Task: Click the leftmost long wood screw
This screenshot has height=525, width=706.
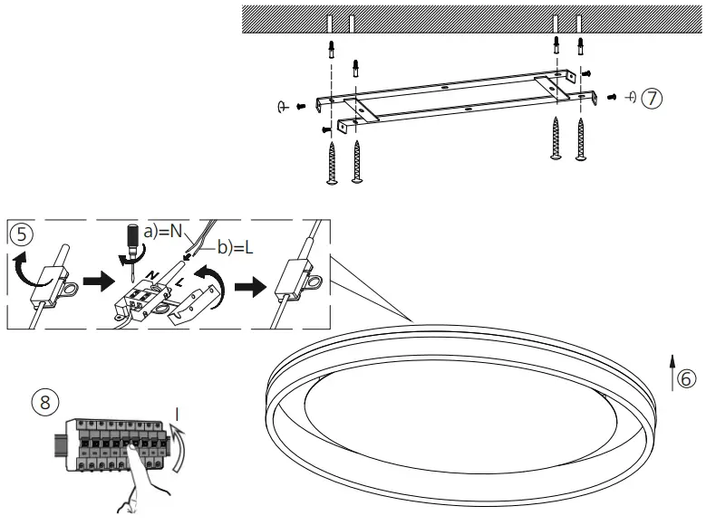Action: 332,164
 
